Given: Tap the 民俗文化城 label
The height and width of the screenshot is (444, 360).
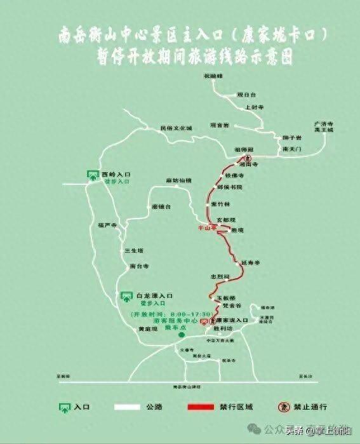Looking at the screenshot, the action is coord(176,128).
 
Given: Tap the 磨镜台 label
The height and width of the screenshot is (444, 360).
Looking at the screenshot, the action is coord(162,207).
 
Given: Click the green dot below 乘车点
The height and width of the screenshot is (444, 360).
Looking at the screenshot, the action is coord(181,335).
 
